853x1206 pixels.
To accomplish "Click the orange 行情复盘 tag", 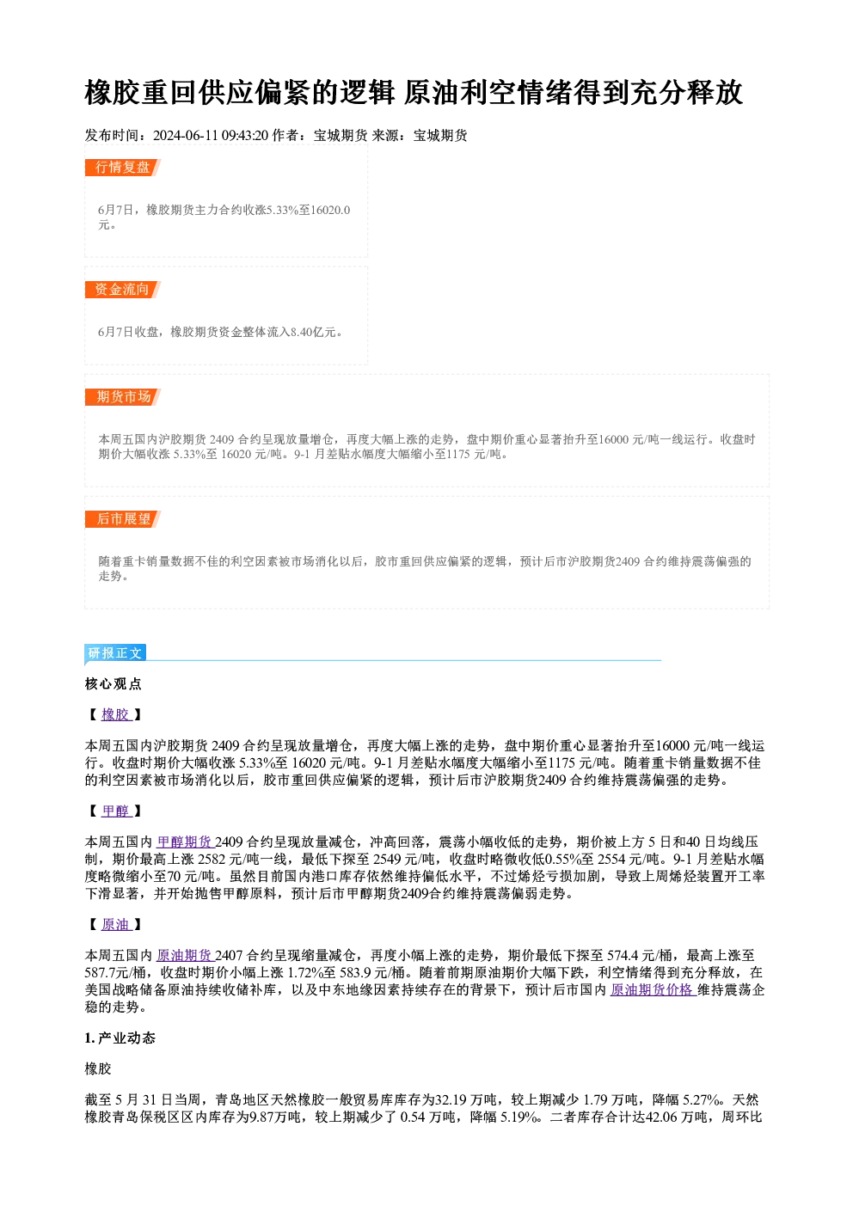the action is click(x=122, y=168).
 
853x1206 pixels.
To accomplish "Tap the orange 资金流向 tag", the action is click(x=122, y=290).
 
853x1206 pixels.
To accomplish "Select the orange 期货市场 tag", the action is click(x=122, y=397).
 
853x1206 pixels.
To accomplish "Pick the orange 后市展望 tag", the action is click(x=122, y=519).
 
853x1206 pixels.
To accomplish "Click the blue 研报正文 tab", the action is click(x=115, y=653).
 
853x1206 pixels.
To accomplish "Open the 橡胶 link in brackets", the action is click(x=116, y=714).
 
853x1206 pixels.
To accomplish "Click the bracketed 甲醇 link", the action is click(x=116, y=811).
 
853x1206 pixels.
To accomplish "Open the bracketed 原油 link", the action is click(x=116, y=924).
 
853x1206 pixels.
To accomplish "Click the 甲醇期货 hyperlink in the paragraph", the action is click(x=185, y=842).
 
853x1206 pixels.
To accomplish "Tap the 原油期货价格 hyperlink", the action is click(x=653, y=989).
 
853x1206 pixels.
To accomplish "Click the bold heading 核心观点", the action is click(x=114, y=684).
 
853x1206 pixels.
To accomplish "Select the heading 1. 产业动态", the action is click(x=120, y=1038).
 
